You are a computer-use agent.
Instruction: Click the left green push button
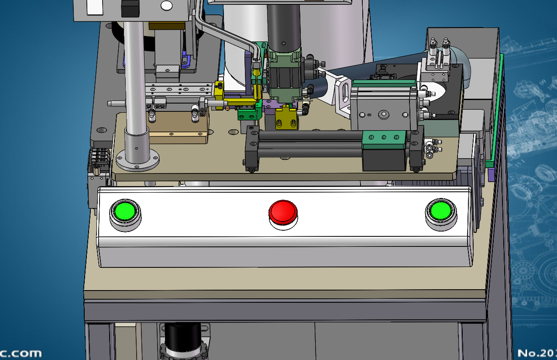click(125, 212)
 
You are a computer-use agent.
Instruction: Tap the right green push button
click(440, 211)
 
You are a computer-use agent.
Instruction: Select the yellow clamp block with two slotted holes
click(286, 119)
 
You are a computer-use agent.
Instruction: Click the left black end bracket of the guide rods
click(251, 149)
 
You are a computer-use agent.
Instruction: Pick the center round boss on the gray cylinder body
click(384, 115)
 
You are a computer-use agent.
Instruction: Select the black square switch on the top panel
click(130, 8)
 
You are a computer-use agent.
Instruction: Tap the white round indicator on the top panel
click(166, 6)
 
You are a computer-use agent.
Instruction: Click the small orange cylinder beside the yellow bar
click(227, 107)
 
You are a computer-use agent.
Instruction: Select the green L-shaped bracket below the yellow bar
click(249, 114)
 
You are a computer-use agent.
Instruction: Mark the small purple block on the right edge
click(491, 175)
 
